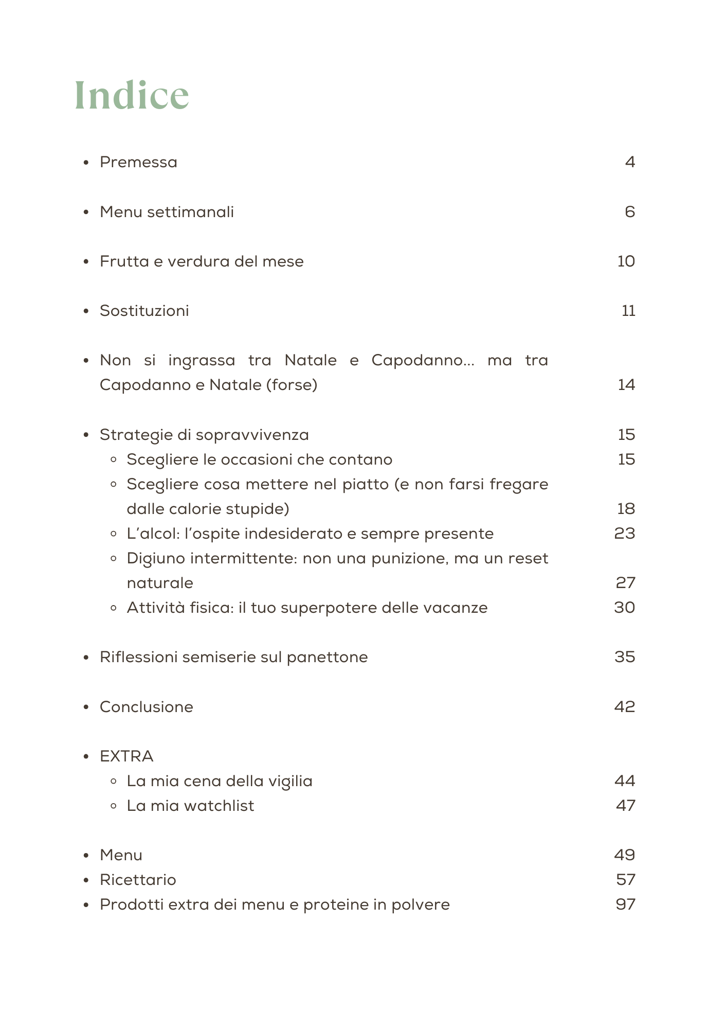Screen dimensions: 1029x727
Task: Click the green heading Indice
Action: point(132,95)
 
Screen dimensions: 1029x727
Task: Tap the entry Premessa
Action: point(138,162)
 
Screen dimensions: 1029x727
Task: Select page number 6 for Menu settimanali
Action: point(630,212)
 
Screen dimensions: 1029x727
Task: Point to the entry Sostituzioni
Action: point(144,311)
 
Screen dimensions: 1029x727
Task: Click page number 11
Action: point(628,311)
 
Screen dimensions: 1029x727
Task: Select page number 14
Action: point(626,385)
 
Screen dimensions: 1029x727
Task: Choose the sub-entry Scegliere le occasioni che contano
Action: point(259,459)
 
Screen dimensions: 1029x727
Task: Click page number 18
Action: point(626,509)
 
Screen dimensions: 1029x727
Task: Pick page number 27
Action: point(626,583)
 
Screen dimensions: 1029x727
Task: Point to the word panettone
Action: point(327,657)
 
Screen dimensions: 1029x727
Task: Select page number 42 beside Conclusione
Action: point(625,707)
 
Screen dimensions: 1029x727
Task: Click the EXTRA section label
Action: point(126,756)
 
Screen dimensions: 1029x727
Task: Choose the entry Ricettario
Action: point(138,880)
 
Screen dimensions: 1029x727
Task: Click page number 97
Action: point(626,904)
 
